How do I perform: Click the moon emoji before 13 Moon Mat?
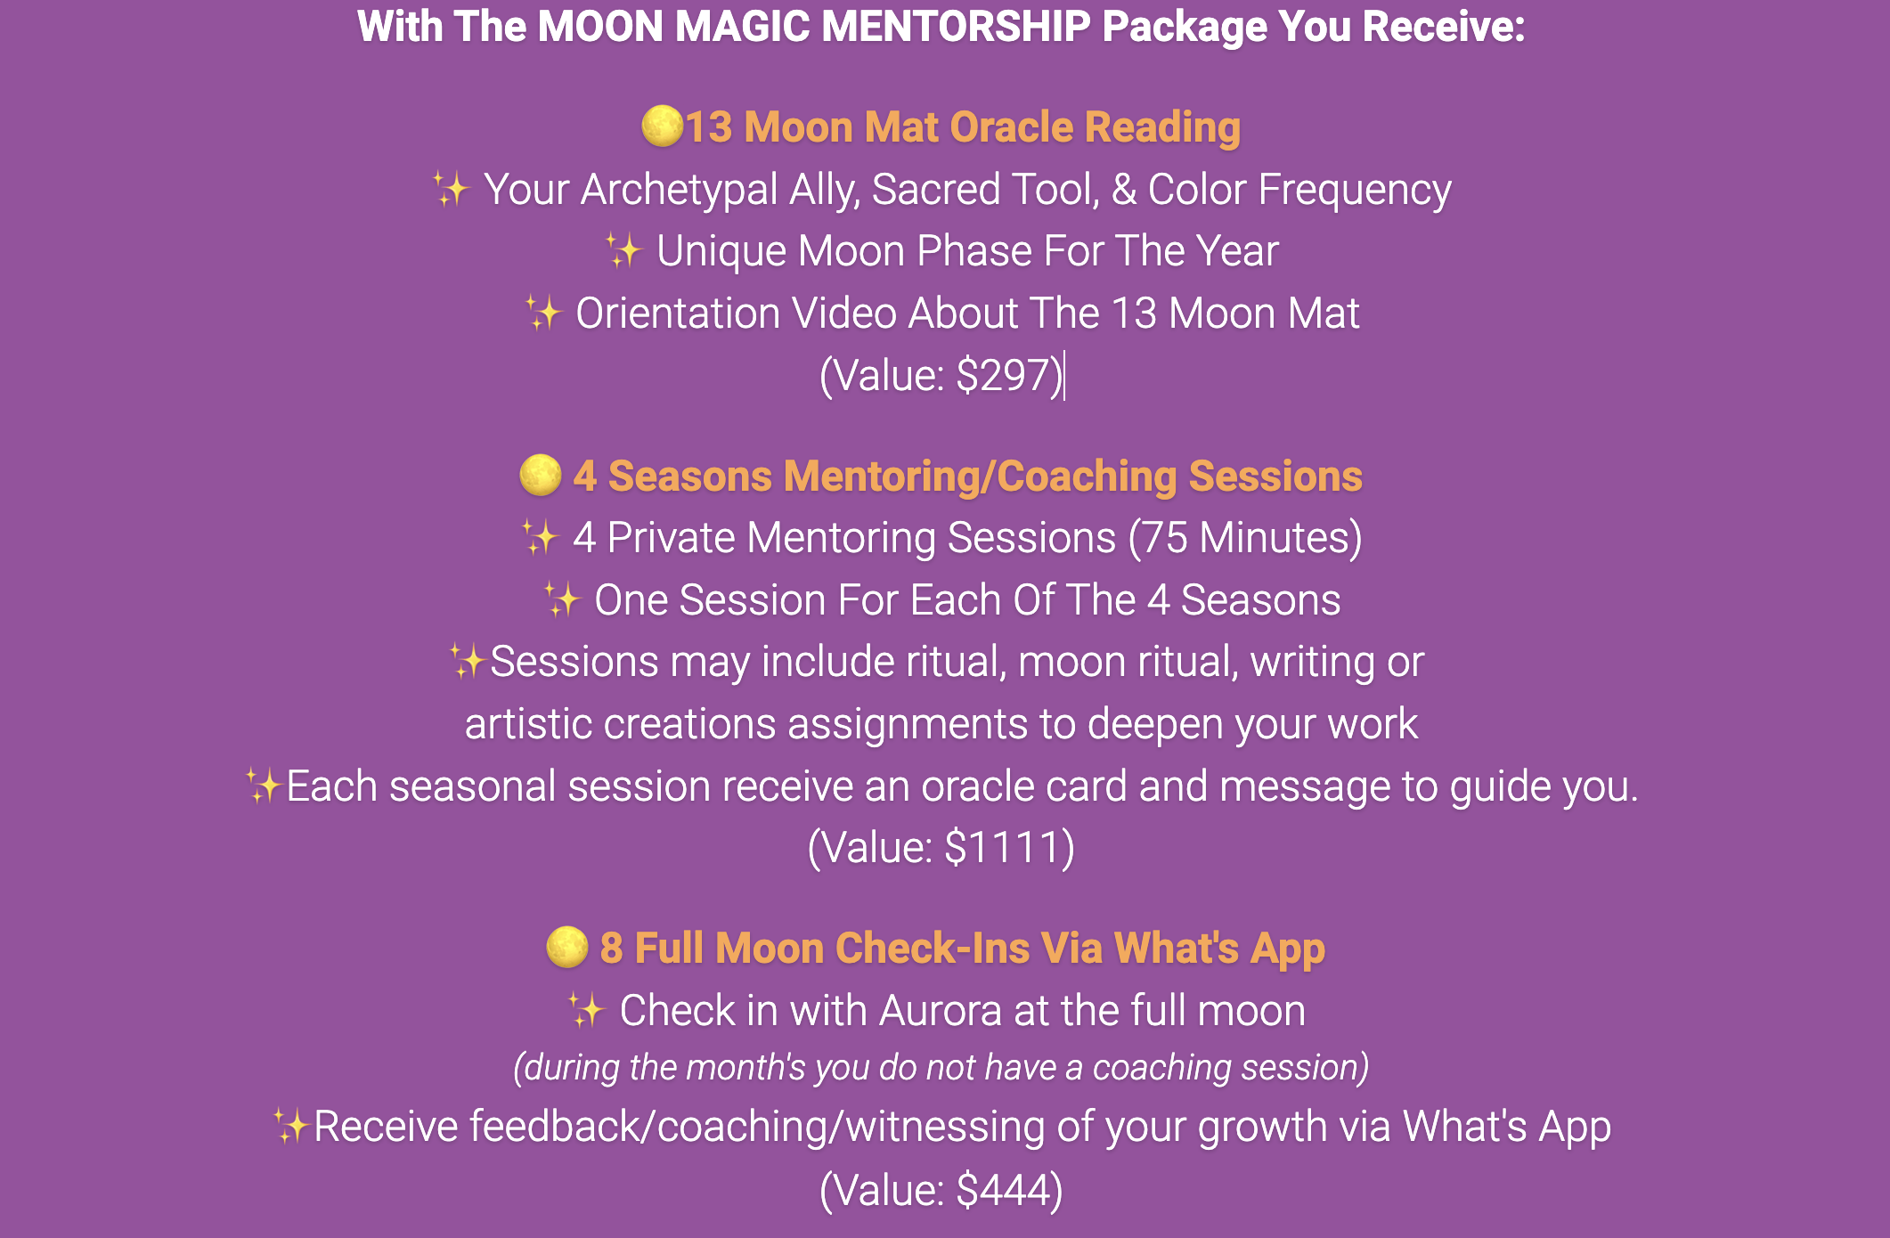(662, 126)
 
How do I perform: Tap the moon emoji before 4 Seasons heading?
(541, 475)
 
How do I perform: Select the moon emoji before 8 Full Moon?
(567, 947)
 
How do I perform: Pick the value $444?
(1004, 1190)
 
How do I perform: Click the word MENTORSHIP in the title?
(955, 27)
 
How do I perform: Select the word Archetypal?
(680, 191)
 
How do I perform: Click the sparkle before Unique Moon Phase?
(623, 250)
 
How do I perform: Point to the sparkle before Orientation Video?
(542, 313)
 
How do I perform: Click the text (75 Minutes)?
(1245, 538)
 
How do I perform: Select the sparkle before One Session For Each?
(562, 599)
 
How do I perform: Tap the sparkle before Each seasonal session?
(265, 786)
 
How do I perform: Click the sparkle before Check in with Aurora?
(587, 1010)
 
